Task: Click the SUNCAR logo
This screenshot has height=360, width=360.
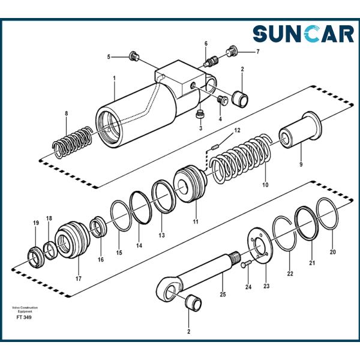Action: click(x=303, y=34)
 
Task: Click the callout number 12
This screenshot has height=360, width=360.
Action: click(x=237, y=130)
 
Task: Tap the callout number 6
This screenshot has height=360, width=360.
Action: click(x=206, y=44)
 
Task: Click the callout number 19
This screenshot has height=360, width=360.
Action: click(x=35, y=223)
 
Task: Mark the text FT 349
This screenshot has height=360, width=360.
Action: click(x=24, y=317)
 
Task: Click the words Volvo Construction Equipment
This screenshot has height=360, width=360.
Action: click(x=24, y=310)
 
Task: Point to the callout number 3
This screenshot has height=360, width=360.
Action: click(x=200, y=128)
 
